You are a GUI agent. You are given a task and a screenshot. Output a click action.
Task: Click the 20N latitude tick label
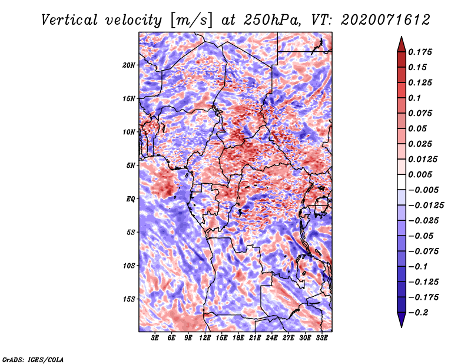[129, 65]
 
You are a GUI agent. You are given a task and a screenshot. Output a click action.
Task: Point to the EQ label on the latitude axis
[131, 199]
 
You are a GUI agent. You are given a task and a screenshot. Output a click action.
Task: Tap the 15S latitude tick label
[129, 299]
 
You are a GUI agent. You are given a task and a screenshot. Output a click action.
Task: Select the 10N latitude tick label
[129, 132]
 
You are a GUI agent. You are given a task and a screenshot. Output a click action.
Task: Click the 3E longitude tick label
[155, 338]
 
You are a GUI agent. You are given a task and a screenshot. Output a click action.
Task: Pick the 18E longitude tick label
[238, 338]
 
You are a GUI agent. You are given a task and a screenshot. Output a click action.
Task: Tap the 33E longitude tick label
[321, 338]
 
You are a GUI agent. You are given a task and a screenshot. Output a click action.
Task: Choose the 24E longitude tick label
[271, 338]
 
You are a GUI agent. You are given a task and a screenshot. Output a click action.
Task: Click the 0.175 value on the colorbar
[420, 52]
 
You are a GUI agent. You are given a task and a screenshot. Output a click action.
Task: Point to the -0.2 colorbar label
[417, 313]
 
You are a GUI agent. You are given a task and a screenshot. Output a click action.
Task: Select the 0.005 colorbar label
[420, 174]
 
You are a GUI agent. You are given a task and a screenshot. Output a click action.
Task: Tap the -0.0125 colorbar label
[426, 206]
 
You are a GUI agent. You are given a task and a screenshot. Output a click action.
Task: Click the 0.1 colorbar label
[414, 98]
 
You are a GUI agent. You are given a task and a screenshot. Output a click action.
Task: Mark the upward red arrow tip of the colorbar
[402, 37]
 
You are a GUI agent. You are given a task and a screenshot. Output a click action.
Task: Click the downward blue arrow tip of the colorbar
[402, 327]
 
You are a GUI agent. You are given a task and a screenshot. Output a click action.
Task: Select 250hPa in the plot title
[272, 20]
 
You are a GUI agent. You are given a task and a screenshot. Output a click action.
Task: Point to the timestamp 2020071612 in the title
[386, 20]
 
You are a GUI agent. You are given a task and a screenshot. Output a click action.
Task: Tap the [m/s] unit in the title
[191, 21]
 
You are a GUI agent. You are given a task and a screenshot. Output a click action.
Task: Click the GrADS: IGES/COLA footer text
[33, 359]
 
